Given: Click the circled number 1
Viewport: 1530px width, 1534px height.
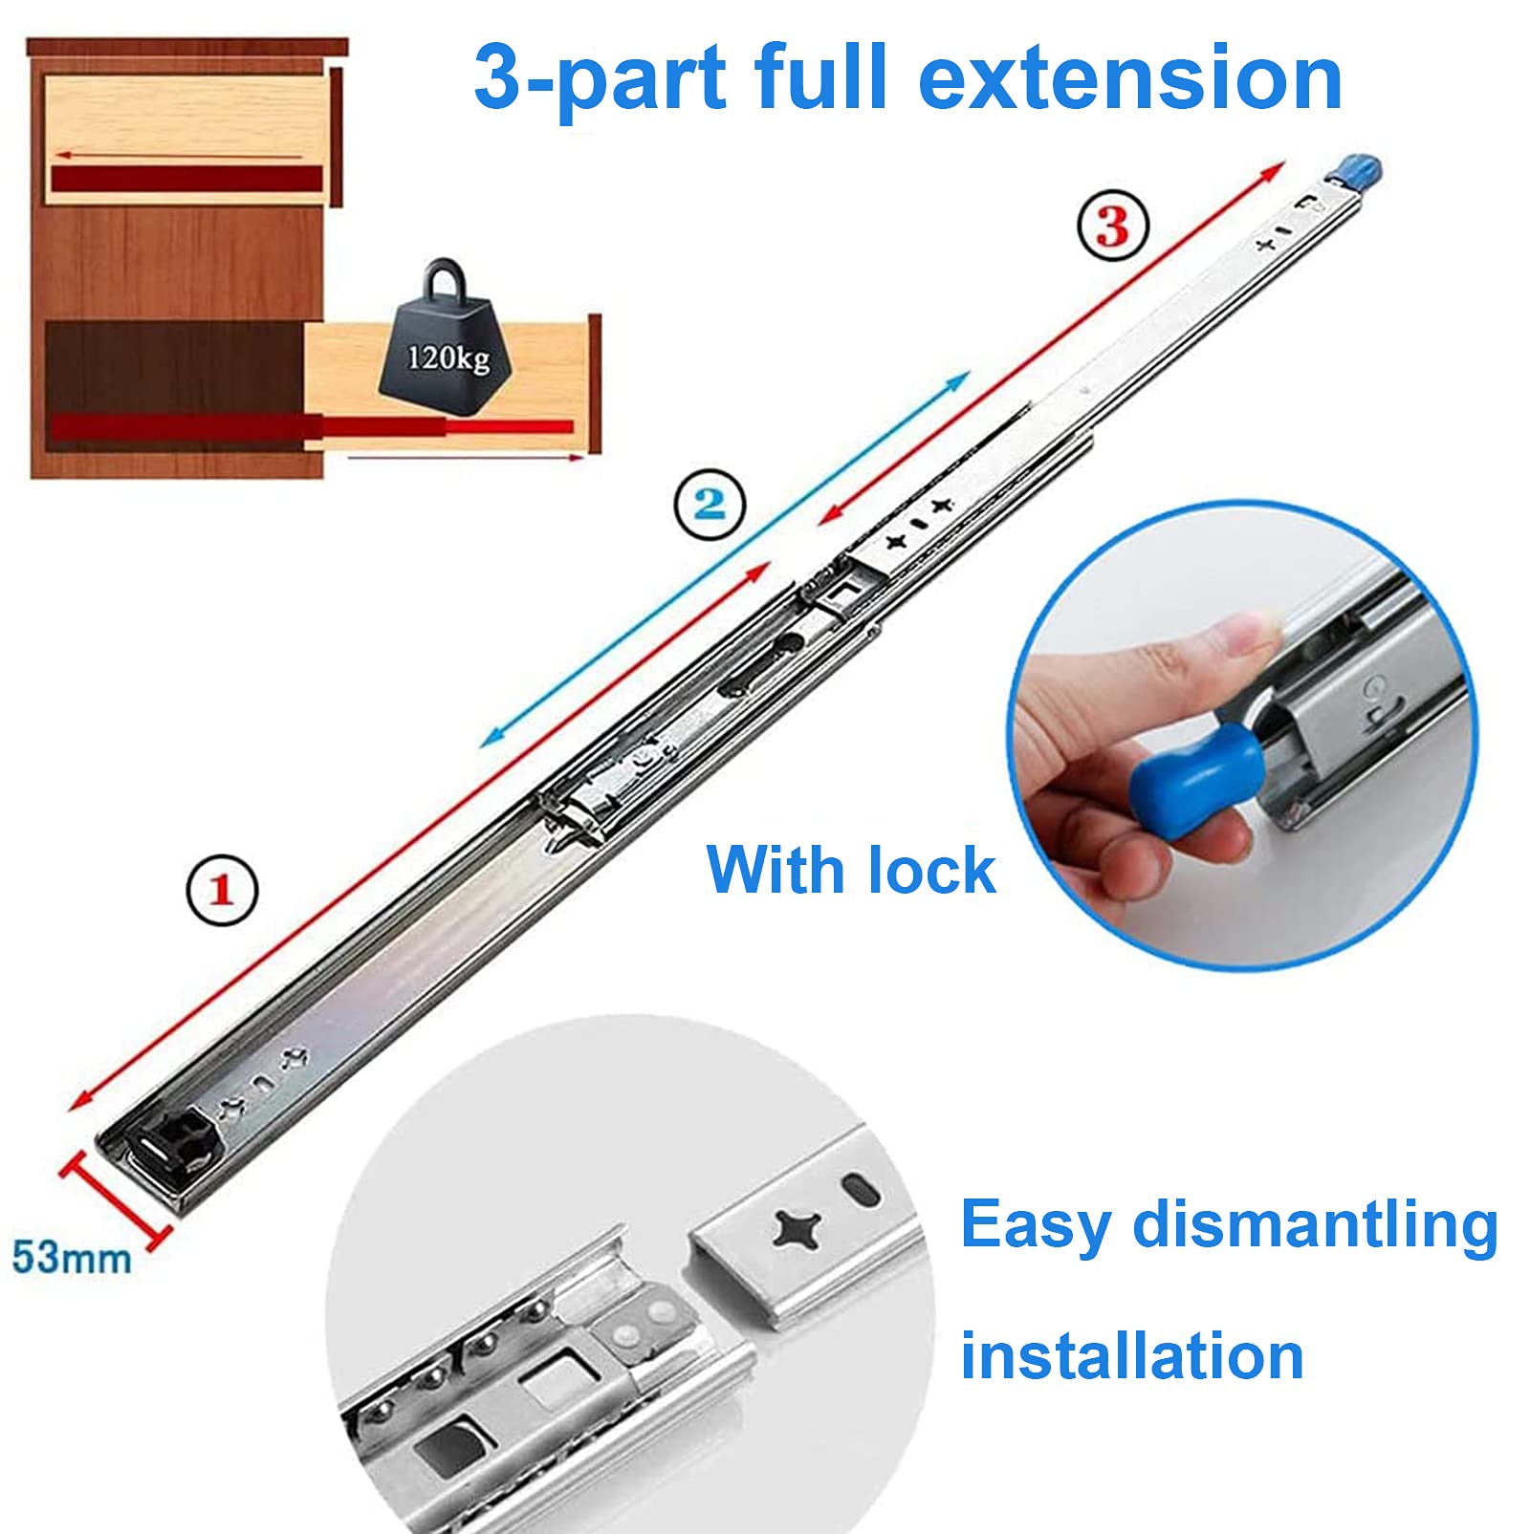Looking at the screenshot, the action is pos(222,890).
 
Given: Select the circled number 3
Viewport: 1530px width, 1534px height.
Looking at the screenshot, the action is pos(1113,227).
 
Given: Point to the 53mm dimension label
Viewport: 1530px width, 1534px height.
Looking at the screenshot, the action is pos(72,1258).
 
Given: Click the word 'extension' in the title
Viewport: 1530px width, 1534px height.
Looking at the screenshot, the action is pos(1130,78).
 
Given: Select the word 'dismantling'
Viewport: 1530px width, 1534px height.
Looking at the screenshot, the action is pos(1315,1226).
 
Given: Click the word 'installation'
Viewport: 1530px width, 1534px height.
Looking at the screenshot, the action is pos(1132,1355).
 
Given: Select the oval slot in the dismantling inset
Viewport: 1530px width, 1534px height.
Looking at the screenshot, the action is pos(862,1192).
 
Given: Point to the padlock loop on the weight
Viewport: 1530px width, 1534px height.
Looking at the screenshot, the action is pos(447,279).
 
